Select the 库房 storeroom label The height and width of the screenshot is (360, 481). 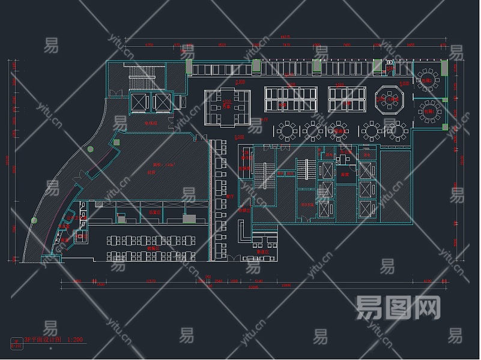345,175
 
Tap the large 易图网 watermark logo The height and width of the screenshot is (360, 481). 398,307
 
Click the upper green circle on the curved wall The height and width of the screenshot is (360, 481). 90,149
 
